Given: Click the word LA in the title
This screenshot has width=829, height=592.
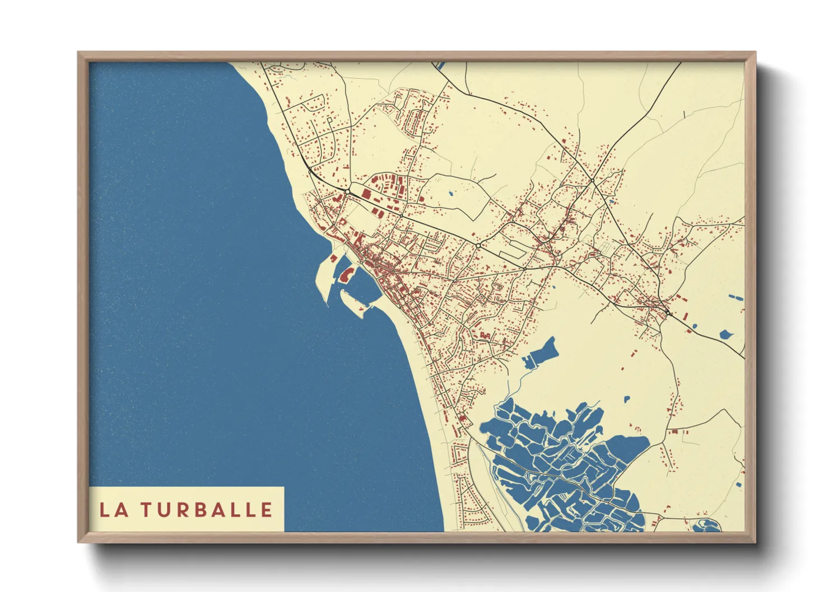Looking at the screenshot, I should click(x=112, y=510).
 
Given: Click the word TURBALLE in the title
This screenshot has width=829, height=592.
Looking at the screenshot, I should click(x=206, y=510).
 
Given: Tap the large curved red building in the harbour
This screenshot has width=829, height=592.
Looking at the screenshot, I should click(x=346, y=274).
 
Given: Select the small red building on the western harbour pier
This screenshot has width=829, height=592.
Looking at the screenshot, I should click(x=334, y=259).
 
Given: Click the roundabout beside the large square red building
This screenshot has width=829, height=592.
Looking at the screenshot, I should click(x=348, y=192).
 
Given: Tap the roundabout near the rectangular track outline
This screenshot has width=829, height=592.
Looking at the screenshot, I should click(x=478, y=245).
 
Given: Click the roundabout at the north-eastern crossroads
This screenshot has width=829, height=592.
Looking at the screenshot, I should click(x=592, y=181).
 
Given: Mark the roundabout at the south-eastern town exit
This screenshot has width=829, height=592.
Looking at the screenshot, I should click(x=668, y=312).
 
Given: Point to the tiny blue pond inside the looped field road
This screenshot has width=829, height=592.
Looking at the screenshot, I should click(x=451, y=194).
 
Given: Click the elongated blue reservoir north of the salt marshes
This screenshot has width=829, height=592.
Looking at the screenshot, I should click(x=541, y=353).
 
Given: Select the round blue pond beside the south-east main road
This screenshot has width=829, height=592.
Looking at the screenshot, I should click(x=726, y=335).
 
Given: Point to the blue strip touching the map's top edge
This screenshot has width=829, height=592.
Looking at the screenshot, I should click(x=440, y=65).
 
